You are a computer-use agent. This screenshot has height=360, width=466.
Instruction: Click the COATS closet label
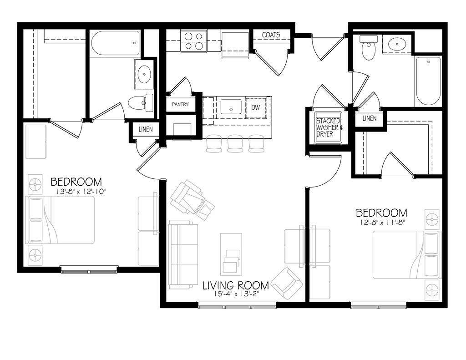coord(271,35)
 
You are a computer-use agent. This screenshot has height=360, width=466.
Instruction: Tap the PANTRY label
coord(180,104)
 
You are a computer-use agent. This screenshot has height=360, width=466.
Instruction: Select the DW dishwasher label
coord(255,107)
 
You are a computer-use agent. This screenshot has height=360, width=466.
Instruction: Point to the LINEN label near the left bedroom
coord(146,129)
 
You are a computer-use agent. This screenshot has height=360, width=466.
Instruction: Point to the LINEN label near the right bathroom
coord(369,118)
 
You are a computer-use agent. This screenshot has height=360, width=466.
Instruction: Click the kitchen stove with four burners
coord(193,41)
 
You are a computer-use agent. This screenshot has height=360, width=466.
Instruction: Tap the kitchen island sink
coord(232,107)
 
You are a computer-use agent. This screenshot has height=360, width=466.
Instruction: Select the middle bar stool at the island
coord(235,143)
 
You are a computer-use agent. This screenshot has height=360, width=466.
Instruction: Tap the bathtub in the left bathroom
coord(115,43)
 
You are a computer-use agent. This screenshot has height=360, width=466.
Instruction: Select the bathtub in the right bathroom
coord(427,81)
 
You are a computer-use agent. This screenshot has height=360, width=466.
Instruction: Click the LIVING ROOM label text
coord(235,286)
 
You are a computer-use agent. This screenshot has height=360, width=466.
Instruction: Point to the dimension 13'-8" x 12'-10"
coord(78,192)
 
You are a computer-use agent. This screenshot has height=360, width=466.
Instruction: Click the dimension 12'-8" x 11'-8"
coord(381,223)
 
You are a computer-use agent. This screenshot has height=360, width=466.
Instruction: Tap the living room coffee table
coord(231,253)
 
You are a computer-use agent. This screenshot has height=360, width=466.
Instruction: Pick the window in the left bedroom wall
coord(89,269)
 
